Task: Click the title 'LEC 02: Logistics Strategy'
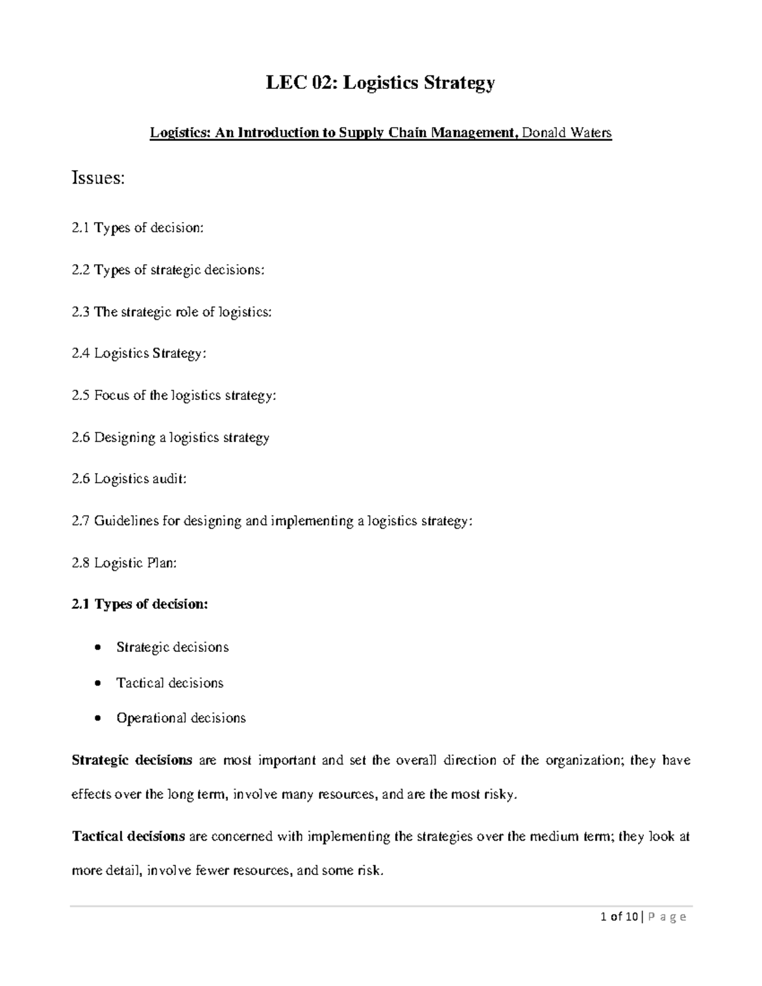[x=380, y=83]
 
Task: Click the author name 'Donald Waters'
[x=566, y=133]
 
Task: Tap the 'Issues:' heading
[x=98, y=178]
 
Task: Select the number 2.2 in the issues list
[x=81, y=270]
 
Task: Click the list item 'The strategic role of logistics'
[x=182, y=312]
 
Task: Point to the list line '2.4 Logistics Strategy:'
[x=139, y=354]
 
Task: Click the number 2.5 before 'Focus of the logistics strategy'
[x=81, y=396]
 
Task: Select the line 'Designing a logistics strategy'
[x=182, y=437]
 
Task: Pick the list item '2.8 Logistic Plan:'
[x=124, y=563]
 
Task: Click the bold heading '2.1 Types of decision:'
[x=140, y=604]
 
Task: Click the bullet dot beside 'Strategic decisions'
[x=97, y=648]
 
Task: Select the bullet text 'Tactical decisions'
[x=170, y=683]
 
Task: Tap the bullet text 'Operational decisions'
[x=181, y=718]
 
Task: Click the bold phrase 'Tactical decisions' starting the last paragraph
[x=128, y=837]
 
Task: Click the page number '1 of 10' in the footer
[x=619, y=917]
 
